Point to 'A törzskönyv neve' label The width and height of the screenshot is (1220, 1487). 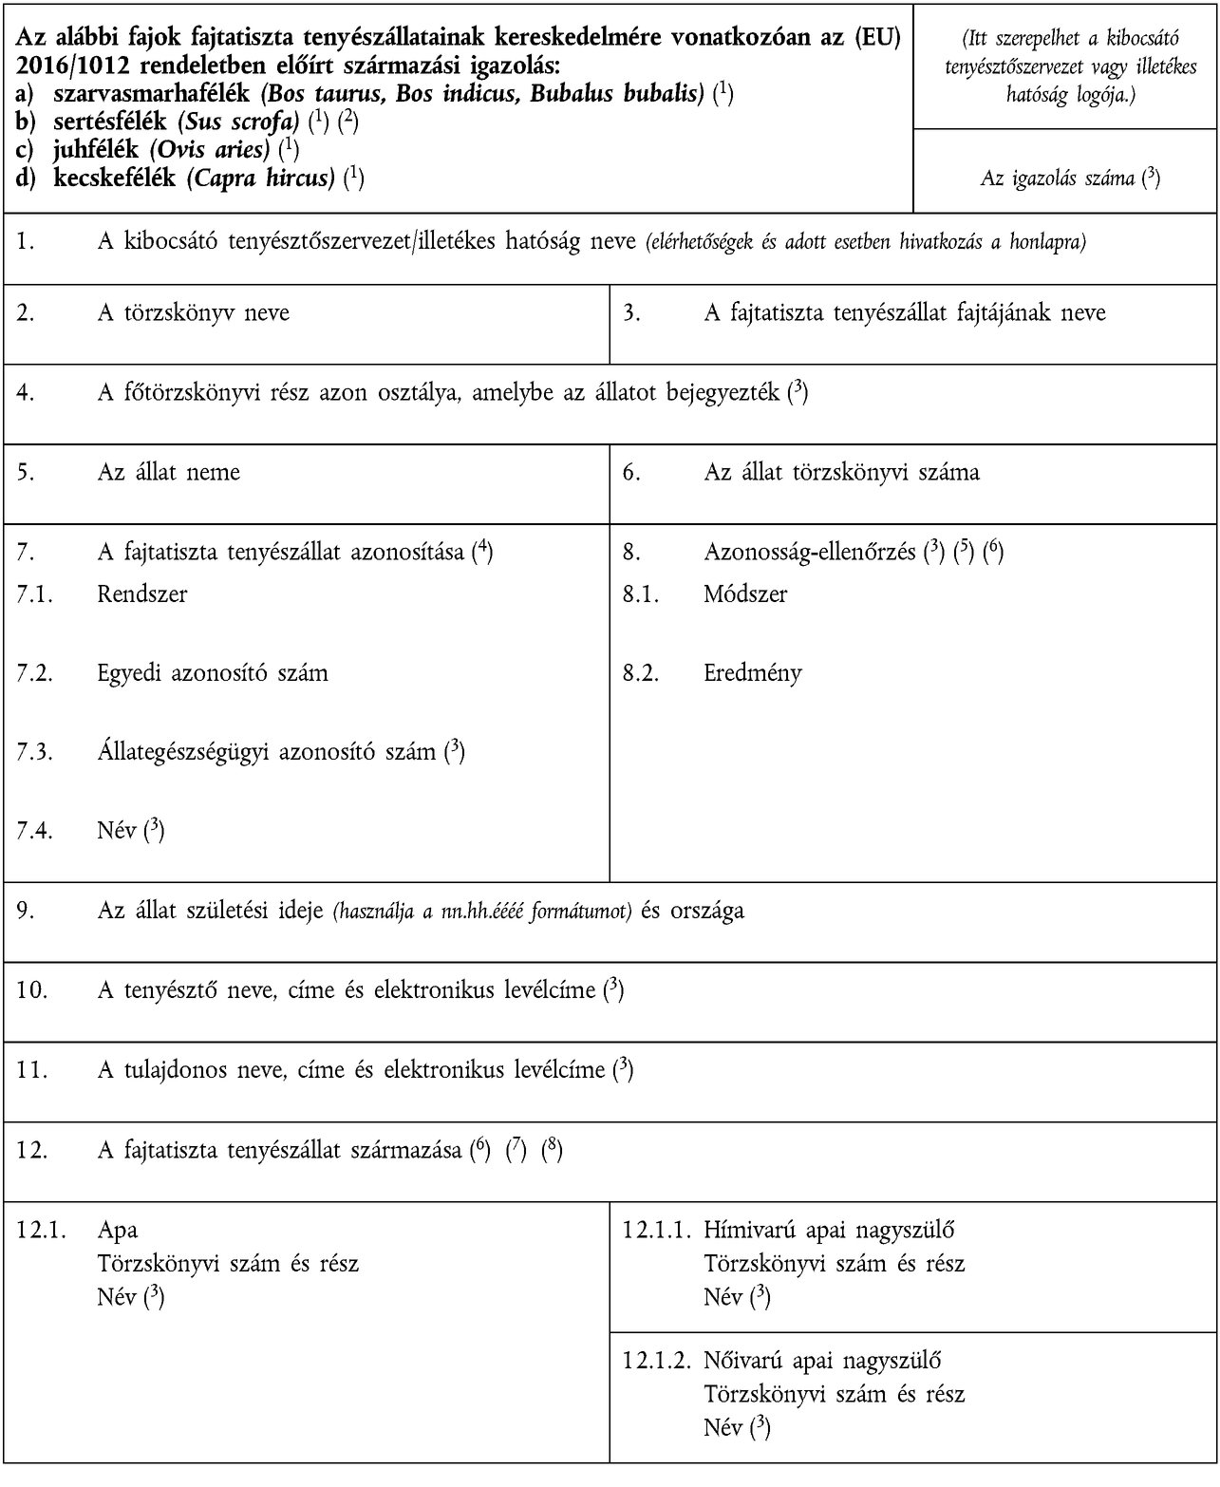coord(193,312)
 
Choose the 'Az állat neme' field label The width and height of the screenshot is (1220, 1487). coord(168,472)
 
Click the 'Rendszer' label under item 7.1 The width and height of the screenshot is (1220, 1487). coord(141,594)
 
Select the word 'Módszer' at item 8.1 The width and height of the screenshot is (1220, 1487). coord(745,594)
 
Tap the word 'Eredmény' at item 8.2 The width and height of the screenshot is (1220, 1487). coord(752,673)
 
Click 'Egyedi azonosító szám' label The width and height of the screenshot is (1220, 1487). coord(212,673)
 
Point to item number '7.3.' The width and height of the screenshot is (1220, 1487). coord(34,752)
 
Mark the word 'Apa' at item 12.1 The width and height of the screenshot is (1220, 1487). coord(117,1230)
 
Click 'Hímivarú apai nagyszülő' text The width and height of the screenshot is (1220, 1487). coord(829,1230)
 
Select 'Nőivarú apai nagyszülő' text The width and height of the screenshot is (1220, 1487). coord(822,1360)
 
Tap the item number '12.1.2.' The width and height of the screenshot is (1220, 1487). coord(655,1360)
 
